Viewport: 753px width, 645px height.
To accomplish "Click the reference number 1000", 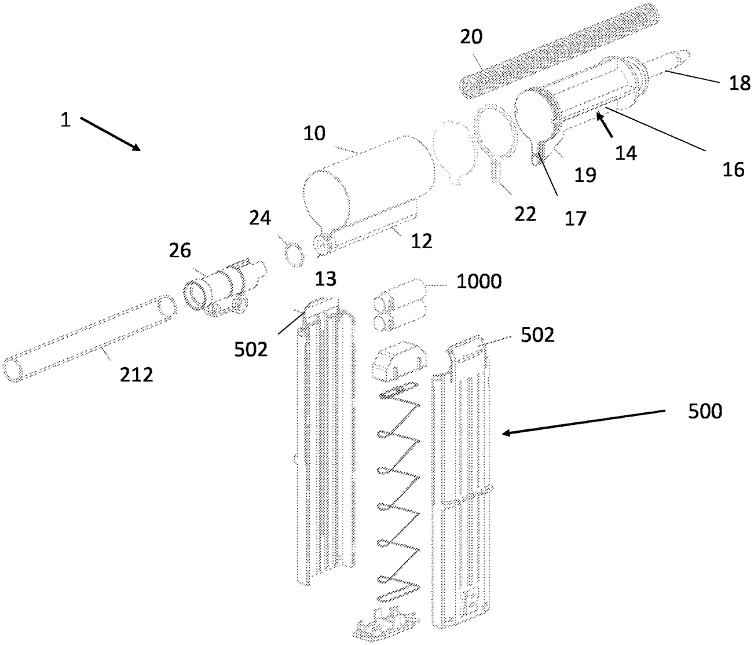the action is point(479,282).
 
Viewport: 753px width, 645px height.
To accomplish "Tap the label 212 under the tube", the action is point(136,374).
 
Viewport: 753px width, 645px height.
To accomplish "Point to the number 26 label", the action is point(180,250).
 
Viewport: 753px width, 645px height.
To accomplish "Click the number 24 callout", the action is point(260,218).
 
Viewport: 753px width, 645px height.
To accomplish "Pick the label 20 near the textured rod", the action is point(471,37).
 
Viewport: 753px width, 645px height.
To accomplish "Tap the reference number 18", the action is point(740,83).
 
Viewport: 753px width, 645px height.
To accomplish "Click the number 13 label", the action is point(326,279).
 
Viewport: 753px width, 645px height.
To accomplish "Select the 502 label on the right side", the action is point(537,334).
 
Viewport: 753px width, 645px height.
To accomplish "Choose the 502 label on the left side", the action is point(250,349).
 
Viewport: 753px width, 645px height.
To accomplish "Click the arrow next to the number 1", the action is point(110,134).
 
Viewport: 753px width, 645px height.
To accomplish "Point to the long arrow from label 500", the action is point(583,422).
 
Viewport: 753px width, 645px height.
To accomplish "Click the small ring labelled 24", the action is point(294,254).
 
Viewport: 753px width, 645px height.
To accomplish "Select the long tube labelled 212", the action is point(89,339).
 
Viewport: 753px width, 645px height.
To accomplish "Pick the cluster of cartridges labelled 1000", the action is point(400,305).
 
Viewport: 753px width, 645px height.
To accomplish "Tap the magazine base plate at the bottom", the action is point(385,626).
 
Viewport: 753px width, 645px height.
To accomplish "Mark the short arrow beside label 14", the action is point(605,125).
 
